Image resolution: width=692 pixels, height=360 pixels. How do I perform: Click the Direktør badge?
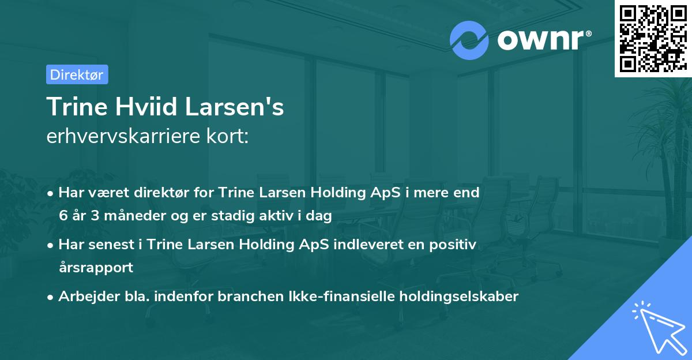(x=77, y=74)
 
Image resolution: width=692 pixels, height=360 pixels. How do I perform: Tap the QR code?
(x=653, y=38)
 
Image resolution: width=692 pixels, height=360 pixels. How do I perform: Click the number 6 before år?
(x=63, y=216)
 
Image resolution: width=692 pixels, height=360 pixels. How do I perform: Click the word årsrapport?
(x=96, y=268)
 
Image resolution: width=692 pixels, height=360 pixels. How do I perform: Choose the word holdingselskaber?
(x=454, y=297)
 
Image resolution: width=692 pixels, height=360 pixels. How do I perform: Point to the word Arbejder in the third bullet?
(x=85, y=297)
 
